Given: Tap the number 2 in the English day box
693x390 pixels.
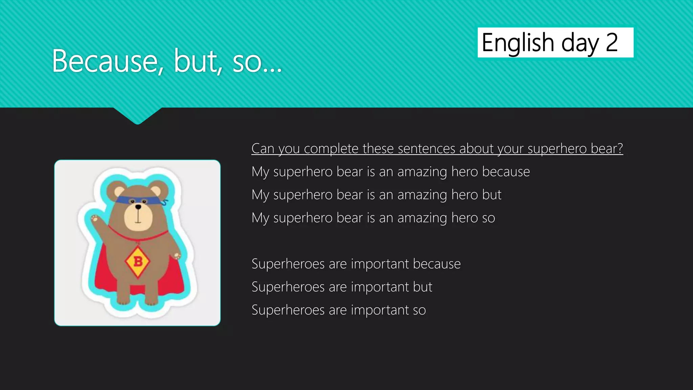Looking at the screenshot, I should point(611,43).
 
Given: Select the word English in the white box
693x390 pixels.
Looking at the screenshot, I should point(518,43).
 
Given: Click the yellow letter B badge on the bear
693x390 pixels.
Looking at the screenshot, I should point(138,261).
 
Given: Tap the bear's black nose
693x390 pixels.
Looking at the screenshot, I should point(138,207).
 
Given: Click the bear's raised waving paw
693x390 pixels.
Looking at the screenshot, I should point(95,219).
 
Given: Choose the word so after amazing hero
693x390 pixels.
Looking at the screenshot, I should point(488,218).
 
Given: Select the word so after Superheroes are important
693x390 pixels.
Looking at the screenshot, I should point(419,310).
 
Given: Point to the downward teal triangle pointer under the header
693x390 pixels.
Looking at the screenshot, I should point(137,115).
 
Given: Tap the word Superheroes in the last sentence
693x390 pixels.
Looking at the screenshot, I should point(288,310).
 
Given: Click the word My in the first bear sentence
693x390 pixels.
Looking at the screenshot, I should point(260,172).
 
